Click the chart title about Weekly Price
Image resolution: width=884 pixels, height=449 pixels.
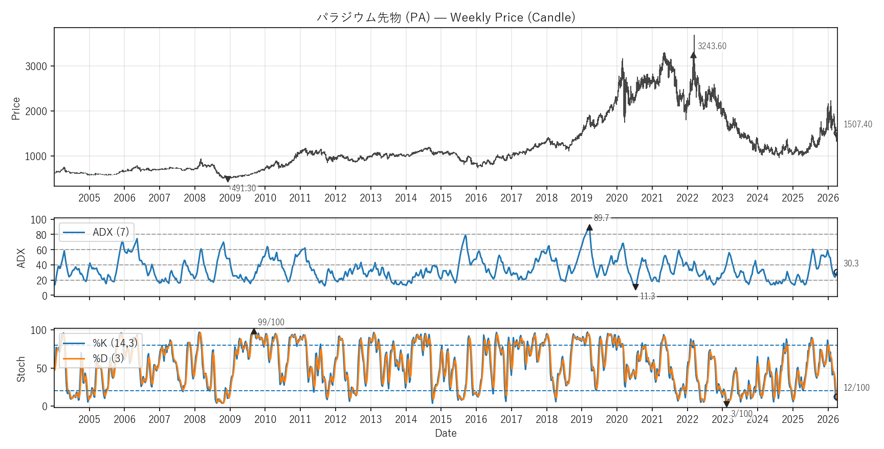pyautogui.click(x=446, y=17)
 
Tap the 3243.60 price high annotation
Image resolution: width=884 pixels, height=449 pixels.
pyautogui.click(x=712, y=46)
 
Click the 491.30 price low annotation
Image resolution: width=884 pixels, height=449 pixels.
pyautogui.click(x=244, y=188)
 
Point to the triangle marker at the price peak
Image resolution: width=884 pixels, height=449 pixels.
pyautogui.click(x=694, y=55)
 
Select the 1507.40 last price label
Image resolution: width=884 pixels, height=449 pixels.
pyautogui.click(x=857, y=124)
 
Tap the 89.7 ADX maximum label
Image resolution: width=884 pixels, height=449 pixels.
pyautogui.click(x=601, y=218)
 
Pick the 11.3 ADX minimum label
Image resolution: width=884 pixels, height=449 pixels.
pyautogui.click(x=647, y=296)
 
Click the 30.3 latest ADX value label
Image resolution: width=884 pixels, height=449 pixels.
pyautogui.click(x=851, y=263)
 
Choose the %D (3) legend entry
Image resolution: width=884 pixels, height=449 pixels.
pyautogui.click(x=108, y=358)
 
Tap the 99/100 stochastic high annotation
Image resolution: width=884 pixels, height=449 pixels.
pyautogui.click(x=271, y=322)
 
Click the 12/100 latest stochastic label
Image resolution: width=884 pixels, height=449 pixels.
pyautogui.click(x=856, y=388)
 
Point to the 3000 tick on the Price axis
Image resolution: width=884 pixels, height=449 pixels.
pyautogui.click(x=36, y=66)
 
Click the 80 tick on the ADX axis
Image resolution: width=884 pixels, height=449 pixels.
pyautogui.click(x=41, y=235)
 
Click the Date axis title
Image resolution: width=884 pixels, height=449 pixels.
pyautogui.click(x=446, y=433)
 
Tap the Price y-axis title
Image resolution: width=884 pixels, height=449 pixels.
pyautogui.click(x=16, y=108)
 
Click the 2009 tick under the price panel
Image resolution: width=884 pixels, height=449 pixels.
pyautogui.click(x=230, y=198)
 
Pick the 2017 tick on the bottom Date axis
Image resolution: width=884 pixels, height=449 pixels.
pyautogui.click(x=511, y=419)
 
